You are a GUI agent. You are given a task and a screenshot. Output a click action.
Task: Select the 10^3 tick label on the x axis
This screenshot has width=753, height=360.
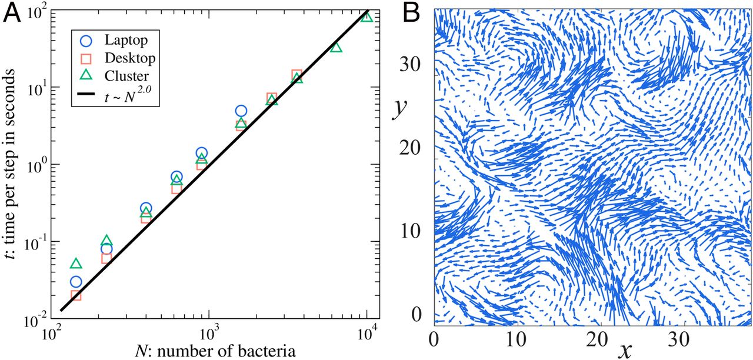(209, 338)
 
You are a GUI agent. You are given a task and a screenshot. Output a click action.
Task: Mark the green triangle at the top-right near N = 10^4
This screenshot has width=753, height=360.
(367, 16)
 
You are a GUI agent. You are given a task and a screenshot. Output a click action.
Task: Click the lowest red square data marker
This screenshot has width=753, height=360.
(75, 295)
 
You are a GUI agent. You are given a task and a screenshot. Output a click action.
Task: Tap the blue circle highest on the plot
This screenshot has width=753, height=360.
(241, 111)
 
